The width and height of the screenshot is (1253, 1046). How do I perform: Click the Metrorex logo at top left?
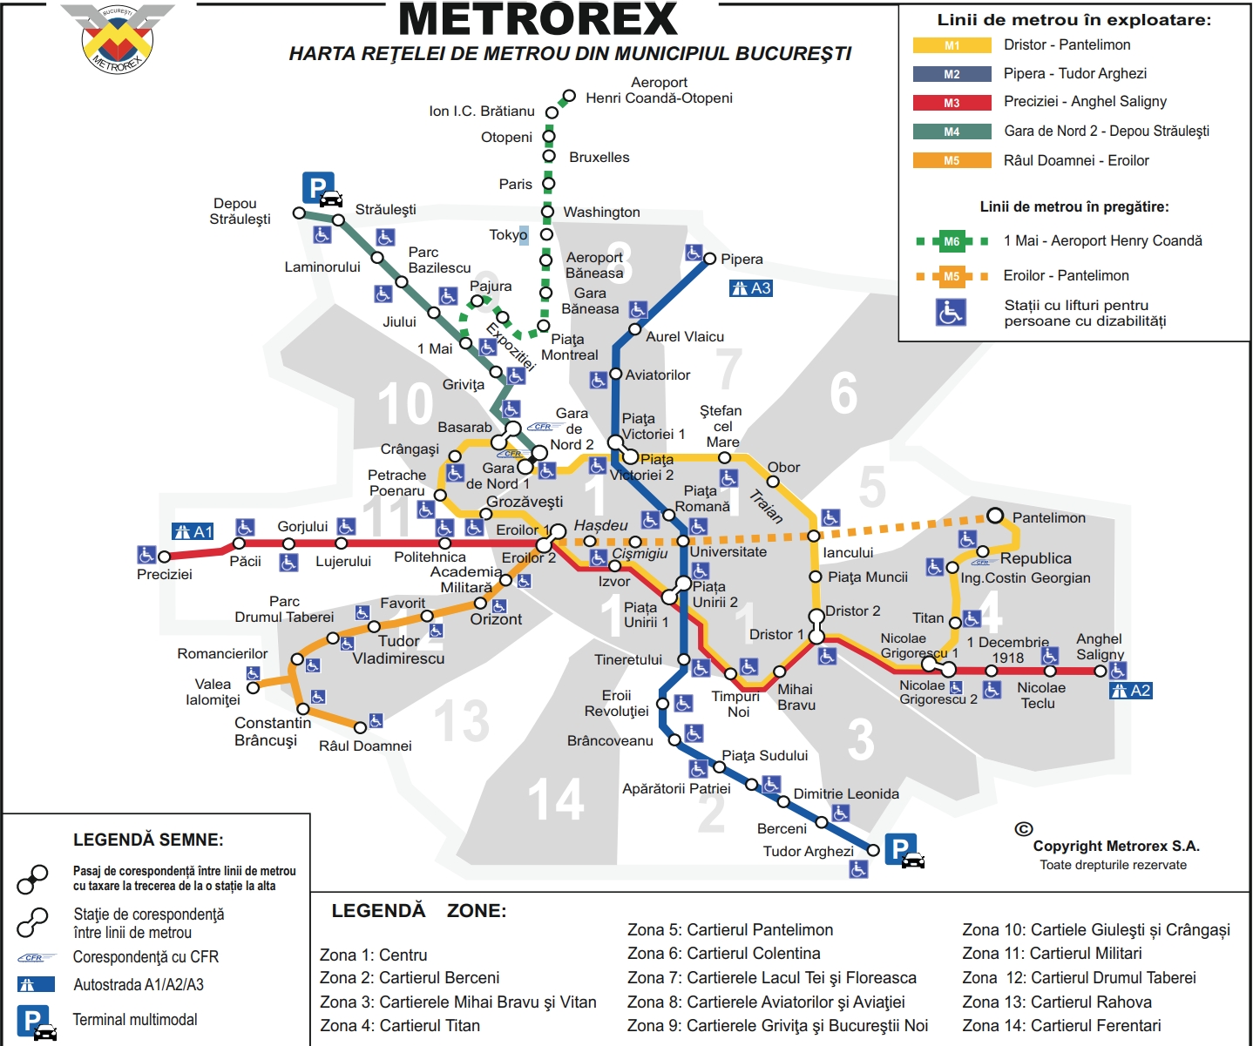(x=118, y=38)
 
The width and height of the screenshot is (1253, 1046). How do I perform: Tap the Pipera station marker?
(x=710, y=259)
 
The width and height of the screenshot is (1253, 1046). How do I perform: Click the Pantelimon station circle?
(x=995, y=516)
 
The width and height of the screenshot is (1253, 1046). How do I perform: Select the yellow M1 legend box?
(x=952, y=45)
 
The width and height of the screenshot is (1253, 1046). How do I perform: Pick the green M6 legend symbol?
(x=952, y=241)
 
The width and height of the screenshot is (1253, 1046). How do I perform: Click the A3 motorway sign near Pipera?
(x=751, y=288)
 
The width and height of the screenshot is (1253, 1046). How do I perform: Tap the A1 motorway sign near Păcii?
(x=193, y=531)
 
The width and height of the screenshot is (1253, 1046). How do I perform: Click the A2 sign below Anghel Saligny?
(x=1131, y=691)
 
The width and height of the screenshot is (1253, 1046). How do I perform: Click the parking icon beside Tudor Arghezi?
(x=904, y=850)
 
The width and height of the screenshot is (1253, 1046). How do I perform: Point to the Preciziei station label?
(x=165, y=574)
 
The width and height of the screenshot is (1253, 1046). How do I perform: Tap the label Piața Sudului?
(x=764, y=755)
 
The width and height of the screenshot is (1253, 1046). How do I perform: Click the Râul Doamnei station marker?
(x=361, y=726)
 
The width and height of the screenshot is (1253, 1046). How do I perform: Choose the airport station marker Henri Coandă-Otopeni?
(x=569, y=96)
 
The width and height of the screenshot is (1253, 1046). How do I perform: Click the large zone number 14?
(x=556, y=800)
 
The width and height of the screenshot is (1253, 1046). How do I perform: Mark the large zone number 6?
(x=843, y=393)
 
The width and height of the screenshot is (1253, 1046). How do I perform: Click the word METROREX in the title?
(x=538, y=19)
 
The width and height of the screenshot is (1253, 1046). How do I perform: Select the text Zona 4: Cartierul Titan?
(x=400, y=1025)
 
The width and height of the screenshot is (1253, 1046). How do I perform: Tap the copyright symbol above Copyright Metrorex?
(x=1024, y=829)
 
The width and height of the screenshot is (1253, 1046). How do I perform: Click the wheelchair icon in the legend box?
(x=951, y=312)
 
